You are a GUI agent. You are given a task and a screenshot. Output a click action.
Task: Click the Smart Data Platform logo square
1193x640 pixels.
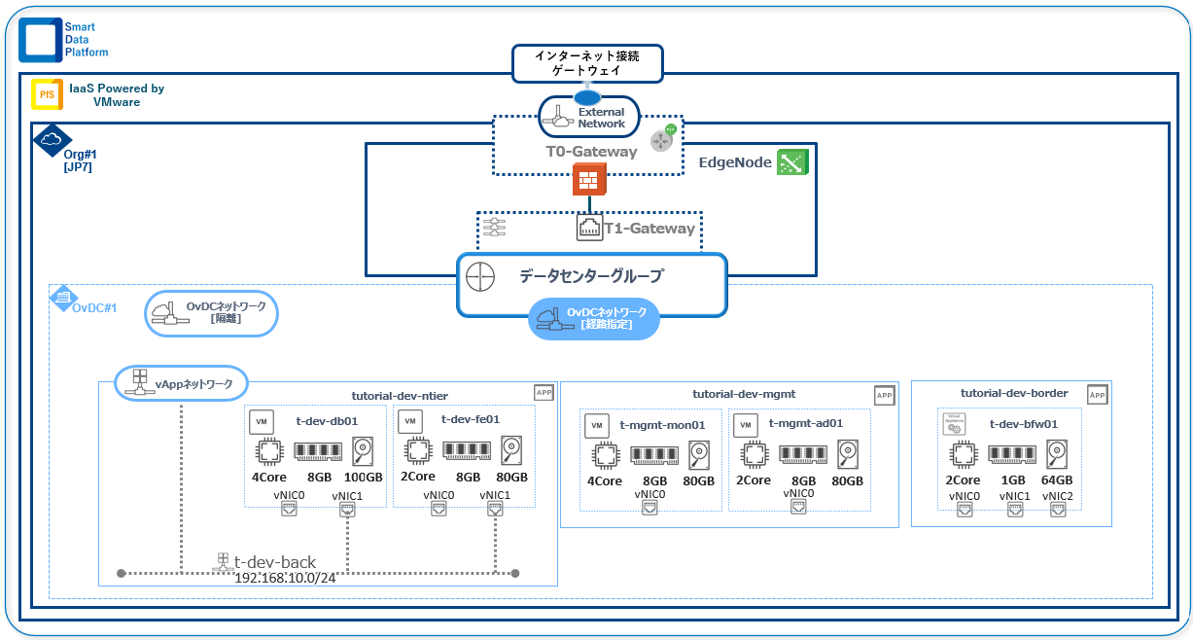40,40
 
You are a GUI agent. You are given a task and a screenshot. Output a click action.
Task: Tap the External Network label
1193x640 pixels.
601,118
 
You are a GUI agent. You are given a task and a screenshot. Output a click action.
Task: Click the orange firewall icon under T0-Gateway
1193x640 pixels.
589,179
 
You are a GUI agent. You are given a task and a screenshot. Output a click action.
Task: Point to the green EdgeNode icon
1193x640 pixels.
792,162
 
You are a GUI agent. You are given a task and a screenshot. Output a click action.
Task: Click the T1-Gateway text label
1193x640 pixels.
649,229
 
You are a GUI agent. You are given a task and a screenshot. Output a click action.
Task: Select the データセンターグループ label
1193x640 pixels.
590,276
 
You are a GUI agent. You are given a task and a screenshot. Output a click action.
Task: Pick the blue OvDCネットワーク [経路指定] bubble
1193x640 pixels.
593,318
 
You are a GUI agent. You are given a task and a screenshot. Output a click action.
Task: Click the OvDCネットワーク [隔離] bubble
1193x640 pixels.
212,313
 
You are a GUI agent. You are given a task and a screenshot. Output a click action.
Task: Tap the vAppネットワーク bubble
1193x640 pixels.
182,383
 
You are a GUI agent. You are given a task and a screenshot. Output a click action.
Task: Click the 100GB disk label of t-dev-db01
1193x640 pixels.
363,478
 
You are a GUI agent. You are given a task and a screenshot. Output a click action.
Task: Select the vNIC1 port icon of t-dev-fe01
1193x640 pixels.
495,511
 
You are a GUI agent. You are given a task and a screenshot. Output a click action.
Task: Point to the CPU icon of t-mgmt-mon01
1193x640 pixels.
605,456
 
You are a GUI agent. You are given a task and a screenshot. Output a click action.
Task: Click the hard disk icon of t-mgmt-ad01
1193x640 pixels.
848,454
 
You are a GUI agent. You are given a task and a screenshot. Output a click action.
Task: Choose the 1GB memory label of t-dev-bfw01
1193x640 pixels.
1013,480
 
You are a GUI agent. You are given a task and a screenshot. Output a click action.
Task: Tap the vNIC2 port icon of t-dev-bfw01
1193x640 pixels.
1058,511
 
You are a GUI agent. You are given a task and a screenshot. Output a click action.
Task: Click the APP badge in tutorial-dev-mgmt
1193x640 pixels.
884,395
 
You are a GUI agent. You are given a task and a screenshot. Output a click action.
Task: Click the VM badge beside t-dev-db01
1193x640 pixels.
261,422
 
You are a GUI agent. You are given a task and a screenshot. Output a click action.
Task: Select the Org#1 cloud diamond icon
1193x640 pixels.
53,140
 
